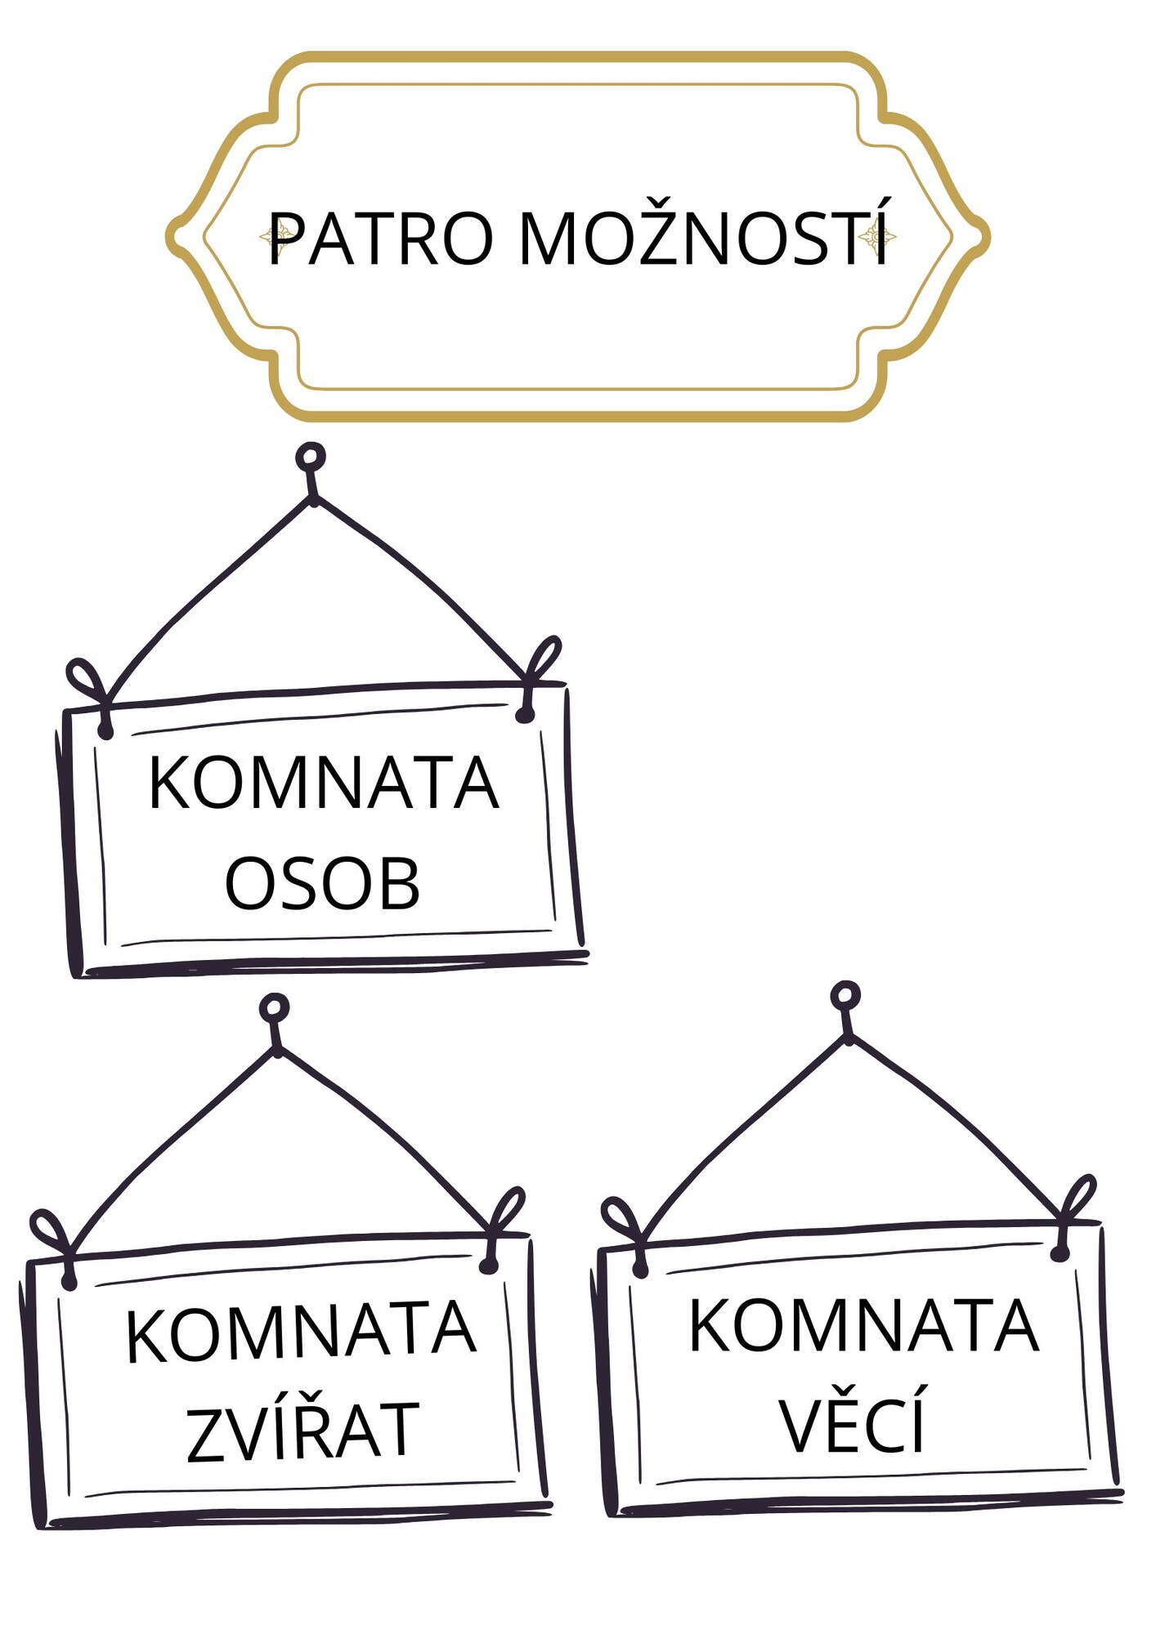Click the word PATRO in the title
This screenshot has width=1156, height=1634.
pos(381,239)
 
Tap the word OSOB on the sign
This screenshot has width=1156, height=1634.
pos(323,883)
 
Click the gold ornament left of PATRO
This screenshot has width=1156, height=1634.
pos(278,237)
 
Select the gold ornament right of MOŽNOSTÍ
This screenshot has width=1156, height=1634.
pos(877,237)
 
